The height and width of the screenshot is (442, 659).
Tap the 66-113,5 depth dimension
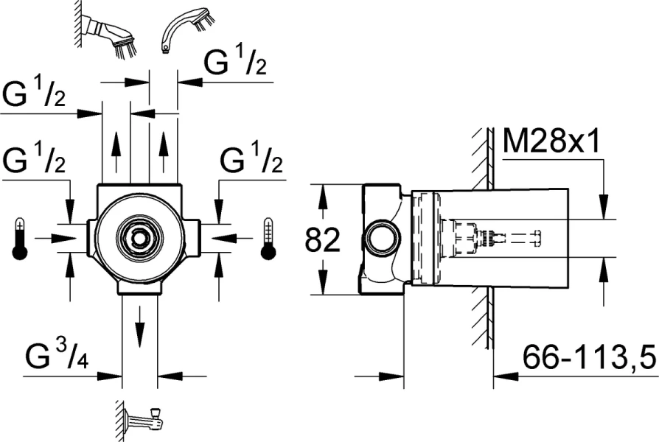pos(589,359)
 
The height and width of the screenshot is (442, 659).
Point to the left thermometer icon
pos(20,238)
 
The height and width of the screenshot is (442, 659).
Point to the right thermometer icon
pos(267,238)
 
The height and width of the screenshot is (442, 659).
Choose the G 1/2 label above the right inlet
pos(251,161)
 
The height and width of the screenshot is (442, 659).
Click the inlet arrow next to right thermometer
pos(226,238)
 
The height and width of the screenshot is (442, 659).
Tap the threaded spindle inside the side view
pos(491,238)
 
